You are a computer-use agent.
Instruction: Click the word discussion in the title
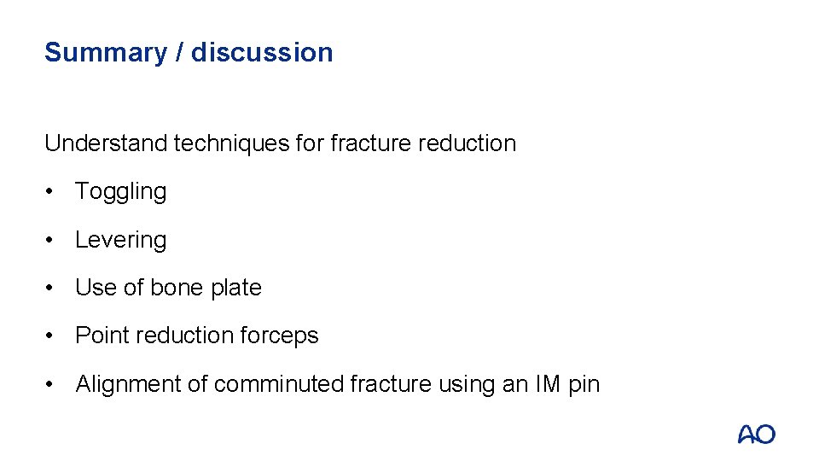tap(262, 53)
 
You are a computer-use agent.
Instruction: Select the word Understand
tap(106, 143)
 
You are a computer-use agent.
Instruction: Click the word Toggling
tap(120, 192)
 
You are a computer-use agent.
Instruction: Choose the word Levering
tap(120, 240)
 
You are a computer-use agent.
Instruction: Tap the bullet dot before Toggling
tap(51, 192)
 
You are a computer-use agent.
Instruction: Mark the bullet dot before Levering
tap(51, 240)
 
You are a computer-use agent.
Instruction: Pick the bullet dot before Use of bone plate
tap(51, 289)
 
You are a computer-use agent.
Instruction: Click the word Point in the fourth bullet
tap(102, 336)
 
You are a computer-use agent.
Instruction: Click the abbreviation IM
tap(548, 385)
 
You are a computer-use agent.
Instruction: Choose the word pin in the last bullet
tap(584, 385)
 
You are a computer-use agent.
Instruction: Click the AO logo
tap(756, 434)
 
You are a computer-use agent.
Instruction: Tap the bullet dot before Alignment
tap(51, 385)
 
